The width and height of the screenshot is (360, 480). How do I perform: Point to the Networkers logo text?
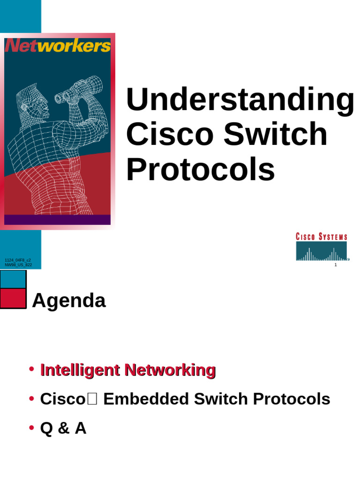tap(57, 46)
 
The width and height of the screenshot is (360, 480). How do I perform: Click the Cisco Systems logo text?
tap(321, 237)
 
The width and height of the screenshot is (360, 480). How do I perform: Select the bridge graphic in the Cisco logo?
tap(322, 252)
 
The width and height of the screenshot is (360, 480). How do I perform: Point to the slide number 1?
tap(336, 265)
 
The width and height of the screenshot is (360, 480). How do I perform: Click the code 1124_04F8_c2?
tap(18, 260)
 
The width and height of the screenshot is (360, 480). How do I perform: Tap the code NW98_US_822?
tap(18, 265)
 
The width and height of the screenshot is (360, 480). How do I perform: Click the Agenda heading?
tap(69, 300)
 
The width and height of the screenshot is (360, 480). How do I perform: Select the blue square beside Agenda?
tap(13, 279)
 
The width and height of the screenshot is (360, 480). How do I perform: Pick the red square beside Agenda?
tap(13, 298)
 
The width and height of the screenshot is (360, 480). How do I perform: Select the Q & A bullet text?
tap(63, 428)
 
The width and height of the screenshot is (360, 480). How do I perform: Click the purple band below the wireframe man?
tap(57, 219)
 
